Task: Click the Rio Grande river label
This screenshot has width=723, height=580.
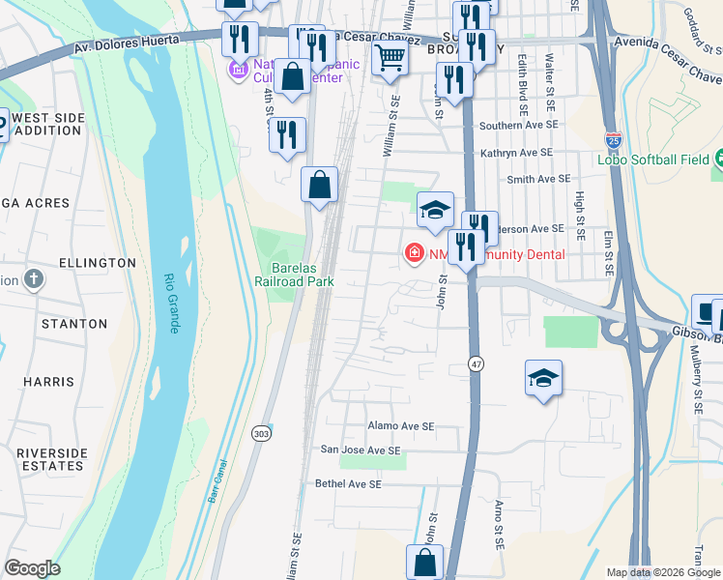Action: coord(173,303)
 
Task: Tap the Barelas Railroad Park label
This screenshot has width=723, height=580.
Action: coord(294,273)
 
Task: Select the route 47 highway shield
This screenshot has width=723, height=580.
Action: coord(476,363)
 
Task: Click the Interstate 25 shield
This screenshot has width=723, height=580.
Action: coord(612,139)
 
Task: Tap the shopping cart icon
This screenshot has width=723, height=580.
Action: coord(390,57)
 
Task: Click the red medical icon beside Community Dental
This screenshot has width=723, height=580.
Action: coord(414,253)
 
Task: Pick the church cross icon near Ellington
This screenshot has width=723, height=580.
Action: coord(34,280)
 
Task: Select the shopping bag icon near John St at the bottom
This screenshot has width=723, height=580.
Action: coord(425,562)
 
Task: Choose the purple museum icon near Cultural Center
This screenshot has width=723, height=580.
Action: coord(238,71)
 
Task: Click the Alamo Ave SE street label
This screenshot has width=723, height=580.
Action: coord(401,425)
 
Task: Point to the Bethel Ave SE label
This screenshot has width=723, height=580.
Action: coord(348,483)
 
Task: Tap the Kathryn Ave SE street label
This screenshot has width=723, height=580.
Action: coord(516,153)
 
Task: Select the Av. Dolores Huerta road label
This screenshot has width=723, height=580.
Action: coord(137,43)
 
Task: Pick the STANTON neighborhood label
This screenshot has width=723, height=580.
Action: coord(72,324)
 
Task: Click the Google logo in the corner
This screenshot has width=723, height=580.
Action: coord(33,568)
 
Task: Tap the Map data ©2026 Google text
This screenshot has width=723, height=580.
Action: coord(663,572)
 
